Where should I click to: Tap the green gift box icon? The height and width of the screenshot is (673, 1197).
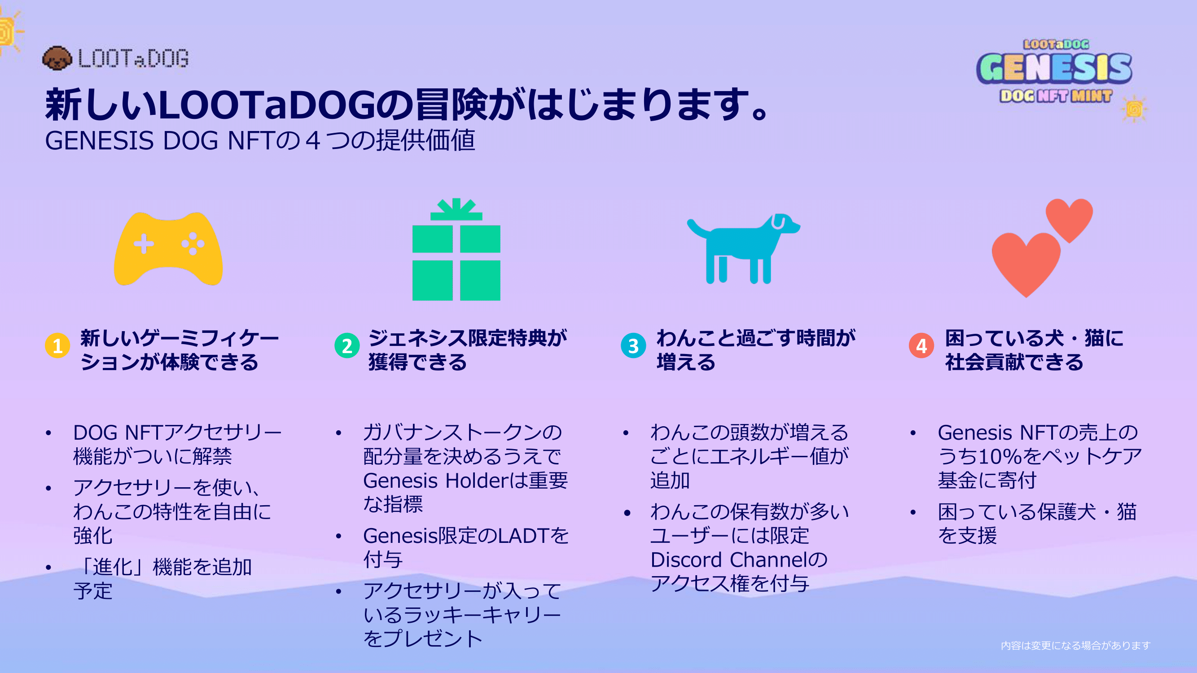[456, 249]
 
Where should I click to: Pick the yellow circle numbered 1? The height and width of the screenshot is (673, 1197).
[57, 345]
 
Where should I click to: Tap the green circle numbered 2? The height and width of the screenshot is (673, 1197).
[346, 345]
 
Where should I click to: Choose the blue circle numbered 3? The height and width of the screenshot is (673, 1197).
[633, 345]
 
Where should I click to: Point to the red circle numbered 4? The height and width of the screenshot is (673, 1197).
[921, 345]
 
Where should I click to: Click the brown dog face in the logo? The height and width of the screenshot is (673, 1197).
[57, 58]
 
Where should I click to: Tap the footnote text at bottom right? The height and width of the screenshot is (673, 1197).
[1075, 645]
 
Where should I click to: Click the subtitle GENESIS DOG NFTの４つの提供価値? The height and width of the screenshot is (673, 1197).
[260, 140]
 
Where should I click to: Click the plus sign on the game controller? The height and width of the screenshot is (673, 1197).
[144, 244]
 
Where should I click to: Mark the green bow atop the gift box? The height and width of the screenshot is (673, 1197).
[456, 209]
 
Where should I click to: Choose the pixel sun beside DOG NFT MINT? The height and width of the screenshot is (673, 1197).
[1134, 109]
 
